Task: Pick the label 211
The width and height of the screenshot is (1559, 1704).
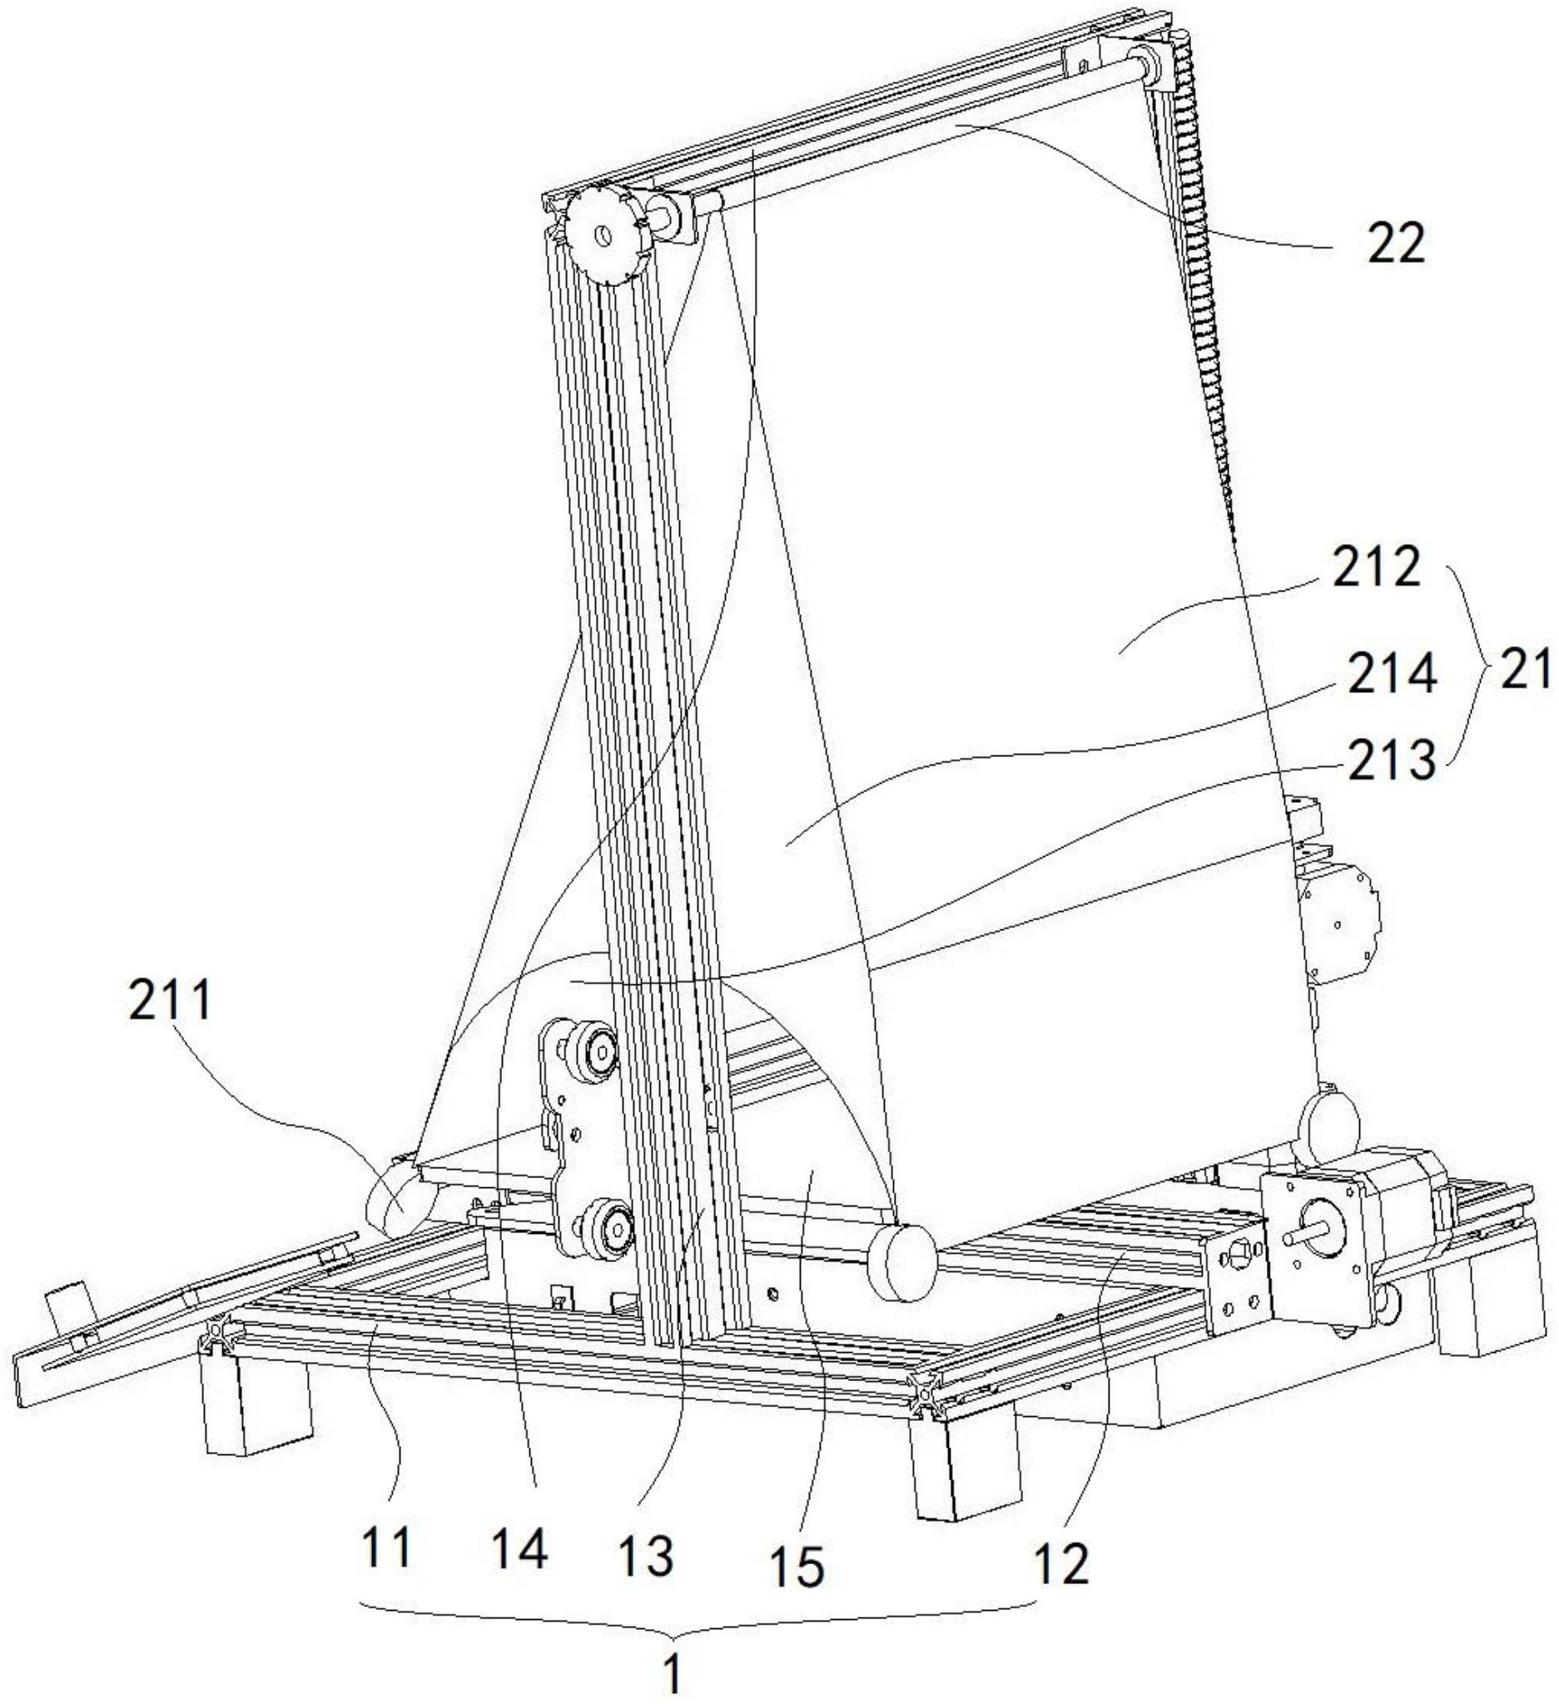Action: (x=169, y=1004)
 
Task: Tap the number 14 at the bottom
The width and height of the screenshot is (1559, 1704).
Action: (x=520, y=1549)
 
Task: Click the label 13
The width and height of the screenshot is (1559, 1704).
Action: (x=644, y=1555)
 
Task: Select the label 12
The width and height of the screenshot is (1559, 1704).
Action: (x=1062, y=1563)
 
